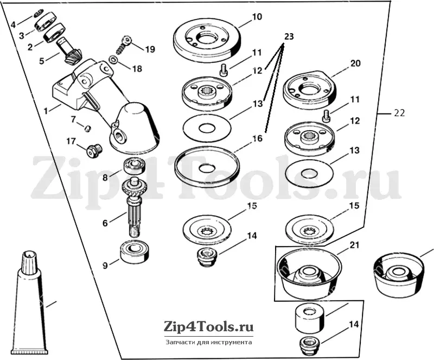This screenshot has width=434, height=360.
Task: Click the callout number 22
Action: [399, 113]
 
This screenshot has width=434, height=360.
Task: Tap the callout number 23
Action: [288, 36]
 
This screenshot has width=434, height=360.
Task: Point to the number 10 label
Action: [256, 17]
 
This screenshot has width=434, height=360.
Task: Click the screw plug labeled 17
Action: [93, 151]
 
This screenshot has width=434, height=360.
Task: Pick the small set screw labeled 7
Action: [87, 129]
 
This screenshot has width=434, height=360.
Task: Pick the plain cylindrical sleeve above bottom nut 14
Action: [309, 319]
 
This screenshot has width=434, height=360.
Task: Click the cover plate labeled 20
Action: [308, 89]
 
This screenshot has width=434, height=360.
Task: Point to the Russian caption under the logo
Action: [209, 342]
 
